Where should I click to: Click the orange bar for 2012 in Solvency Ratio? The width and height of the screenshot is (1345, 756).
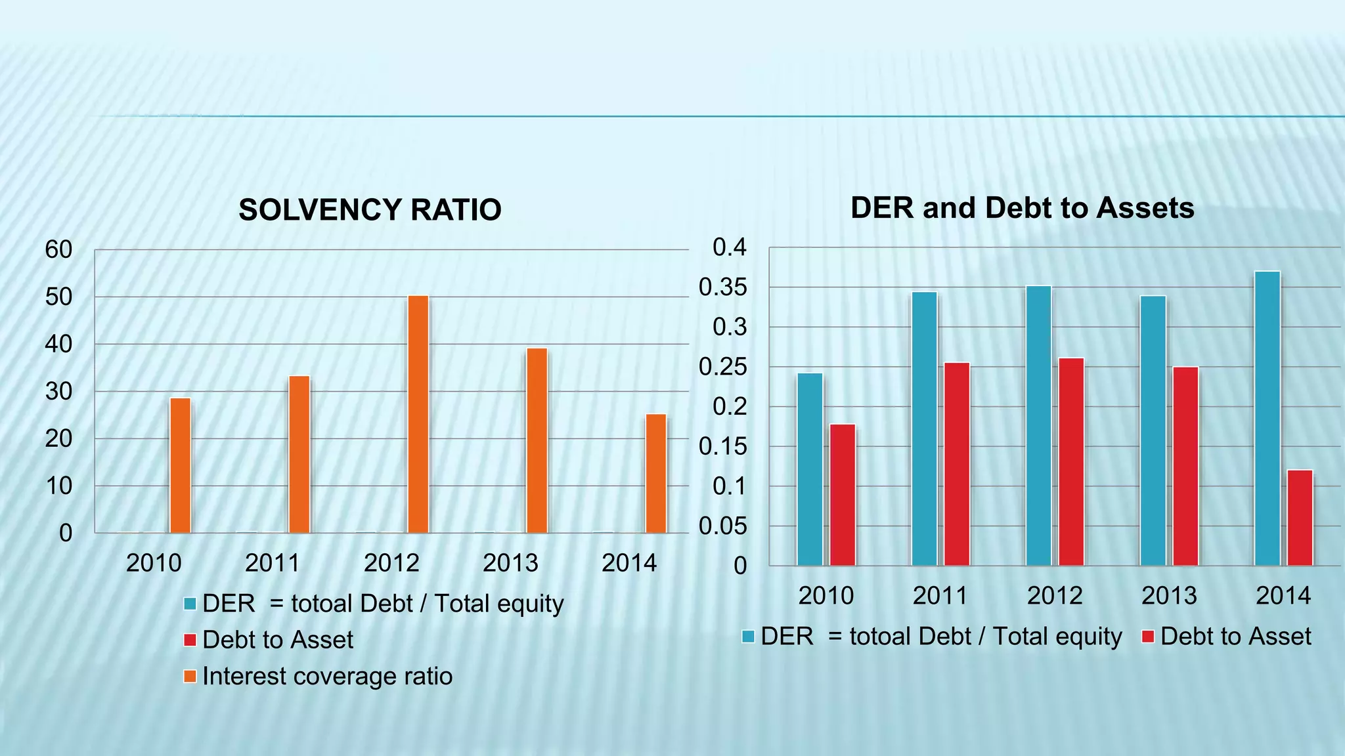418,415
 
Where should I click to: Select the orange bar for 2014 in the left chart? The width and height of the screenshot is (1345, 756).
656,474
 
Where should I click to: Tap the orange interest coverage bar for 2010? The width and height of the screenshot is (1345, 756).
180,466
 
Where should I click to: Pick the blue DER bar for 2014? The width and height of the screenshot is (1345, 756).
1267,419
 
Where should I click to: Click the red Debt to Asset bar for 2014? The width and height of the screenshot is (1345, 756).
1300,518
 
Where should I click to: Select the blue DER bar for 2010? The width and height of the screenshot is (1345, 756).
810,470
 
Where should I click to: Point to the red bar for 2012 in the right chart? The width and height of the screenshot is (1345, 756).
1071,462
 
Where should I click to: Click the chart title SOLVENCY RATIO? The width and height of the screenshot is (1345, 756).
370,210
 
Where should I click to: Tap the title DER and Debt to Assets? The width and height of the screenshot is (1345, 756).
1022,208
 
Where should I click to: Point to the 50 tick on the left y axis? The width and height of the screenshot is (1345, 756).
58,297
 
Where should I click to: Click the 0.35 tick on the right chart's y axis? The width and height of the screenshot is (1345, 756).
722,287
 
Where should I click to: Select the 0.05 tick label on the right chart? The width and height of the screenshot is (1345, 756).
722,526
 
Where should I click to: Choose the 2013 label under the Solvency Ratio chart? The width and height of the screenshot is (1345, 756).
510,563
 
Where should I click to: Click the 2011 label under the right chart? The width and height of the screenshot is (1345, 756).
940,596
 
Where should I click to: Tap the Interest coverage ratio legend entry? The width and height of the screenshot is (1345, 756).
327,677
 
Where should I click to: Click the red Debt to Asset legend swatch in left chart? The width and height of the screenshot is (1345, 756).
190,640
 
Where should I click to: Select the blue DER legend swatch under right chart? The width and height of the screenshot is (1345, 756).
748,637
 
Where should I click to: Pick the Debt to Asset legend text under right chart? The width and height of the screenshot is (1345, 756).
1235,637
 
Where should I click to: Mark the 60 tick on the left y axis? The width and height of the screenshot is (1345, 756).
58,250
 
